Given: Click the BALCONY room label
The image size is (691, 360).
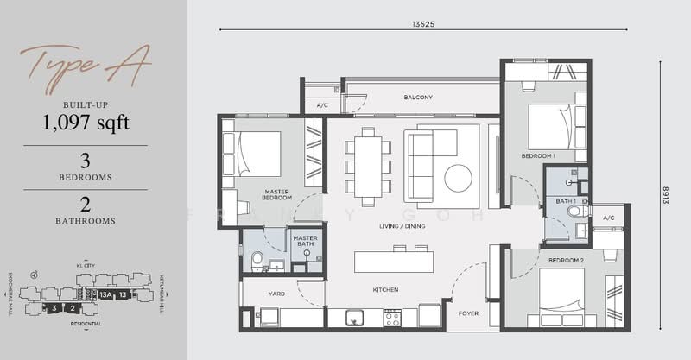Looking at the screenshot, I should [x=418, y=98].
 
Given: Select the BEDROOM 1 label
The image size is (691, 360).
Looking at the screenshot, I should [x=538, y=156].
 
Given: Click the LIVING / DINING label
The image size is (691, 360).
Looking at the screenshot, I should [x=403, y=227].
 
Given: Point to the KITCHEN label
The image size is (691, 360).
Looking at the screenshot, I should [x=385, y=290].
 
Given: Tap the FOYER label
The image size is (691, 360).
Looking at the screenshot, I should [x=467, y=314].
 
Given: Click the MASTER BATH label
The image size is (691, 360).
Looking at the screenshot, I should [x=306, y=242].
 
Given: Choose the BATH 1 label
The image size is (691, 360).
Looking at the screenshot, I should [x=566, y=201].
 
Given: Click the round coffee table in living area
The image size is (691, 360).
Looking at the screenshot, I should [x=458, y=178].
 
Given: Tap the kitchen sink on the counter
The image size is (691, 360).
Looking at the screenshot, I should [x=355, y=318].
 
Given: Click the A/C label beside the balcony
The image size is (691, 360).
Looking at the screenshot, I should [x=322, y=105].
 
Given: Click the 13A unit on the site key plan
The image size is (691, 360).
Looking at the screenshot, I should [x=105, y=294].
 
